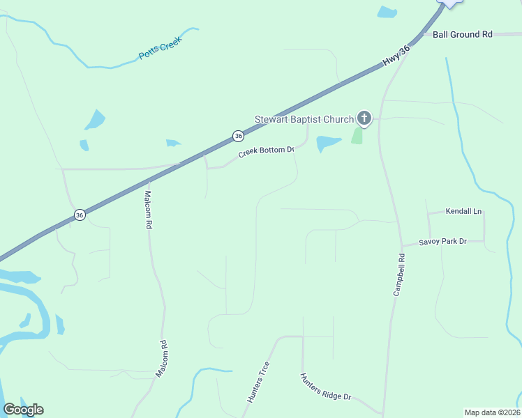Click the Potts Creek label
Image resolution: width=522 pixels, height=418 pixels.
tap(160, 47)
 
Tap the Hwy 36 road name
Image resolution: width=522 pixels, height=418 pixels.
tap(395, 56)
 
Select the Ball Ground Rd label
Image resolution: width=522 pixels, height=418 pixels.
tap(462, 34)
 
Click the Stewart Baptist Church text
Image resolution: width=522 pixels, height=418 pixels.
tap(304, 119)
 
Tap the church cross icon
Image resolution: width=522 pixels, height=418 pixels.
tap(364, 118)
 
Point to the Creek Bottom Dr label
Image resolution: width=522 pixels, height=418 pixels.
tap(267, 151)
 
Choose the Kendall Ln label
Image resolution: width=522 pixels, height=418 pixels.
tap(463, 211)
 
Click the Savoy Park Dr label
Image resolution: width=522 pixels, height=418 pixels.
tap(442, 242)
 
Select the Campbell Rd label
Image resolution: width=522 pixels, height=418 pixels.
tap(399, 275)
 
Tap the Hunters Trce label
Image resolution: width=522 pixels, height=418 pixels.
tap(258, 382)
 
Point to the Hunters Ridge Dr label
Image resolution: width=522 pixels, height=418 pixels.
tap(325, 387)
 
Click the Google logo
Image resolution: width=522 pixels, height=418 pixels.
tap(23, 410)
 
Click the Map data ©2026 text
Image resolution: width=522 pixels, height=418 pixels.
tap(491, 412)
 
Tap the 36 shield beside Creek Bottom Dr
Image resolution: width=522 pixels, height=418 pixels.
tap(239, 135)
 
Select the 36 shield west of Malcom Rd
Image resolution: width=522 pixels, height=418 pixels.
tap(80, 215)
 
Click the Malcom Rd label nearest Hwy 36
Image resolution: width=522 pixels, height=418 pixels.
tap(148, 210)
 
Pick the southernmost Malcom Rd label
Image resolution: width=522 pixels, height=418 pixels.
tap(162, 359)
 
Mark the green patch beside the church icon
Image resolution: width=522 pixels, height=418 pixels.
tap(358, 135)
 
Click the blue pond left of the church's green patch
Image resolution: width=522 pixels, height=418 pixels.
tap(327, 143)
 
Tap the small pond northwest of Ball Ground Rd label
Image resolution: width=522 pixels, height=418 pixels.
tap(386, 12)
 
